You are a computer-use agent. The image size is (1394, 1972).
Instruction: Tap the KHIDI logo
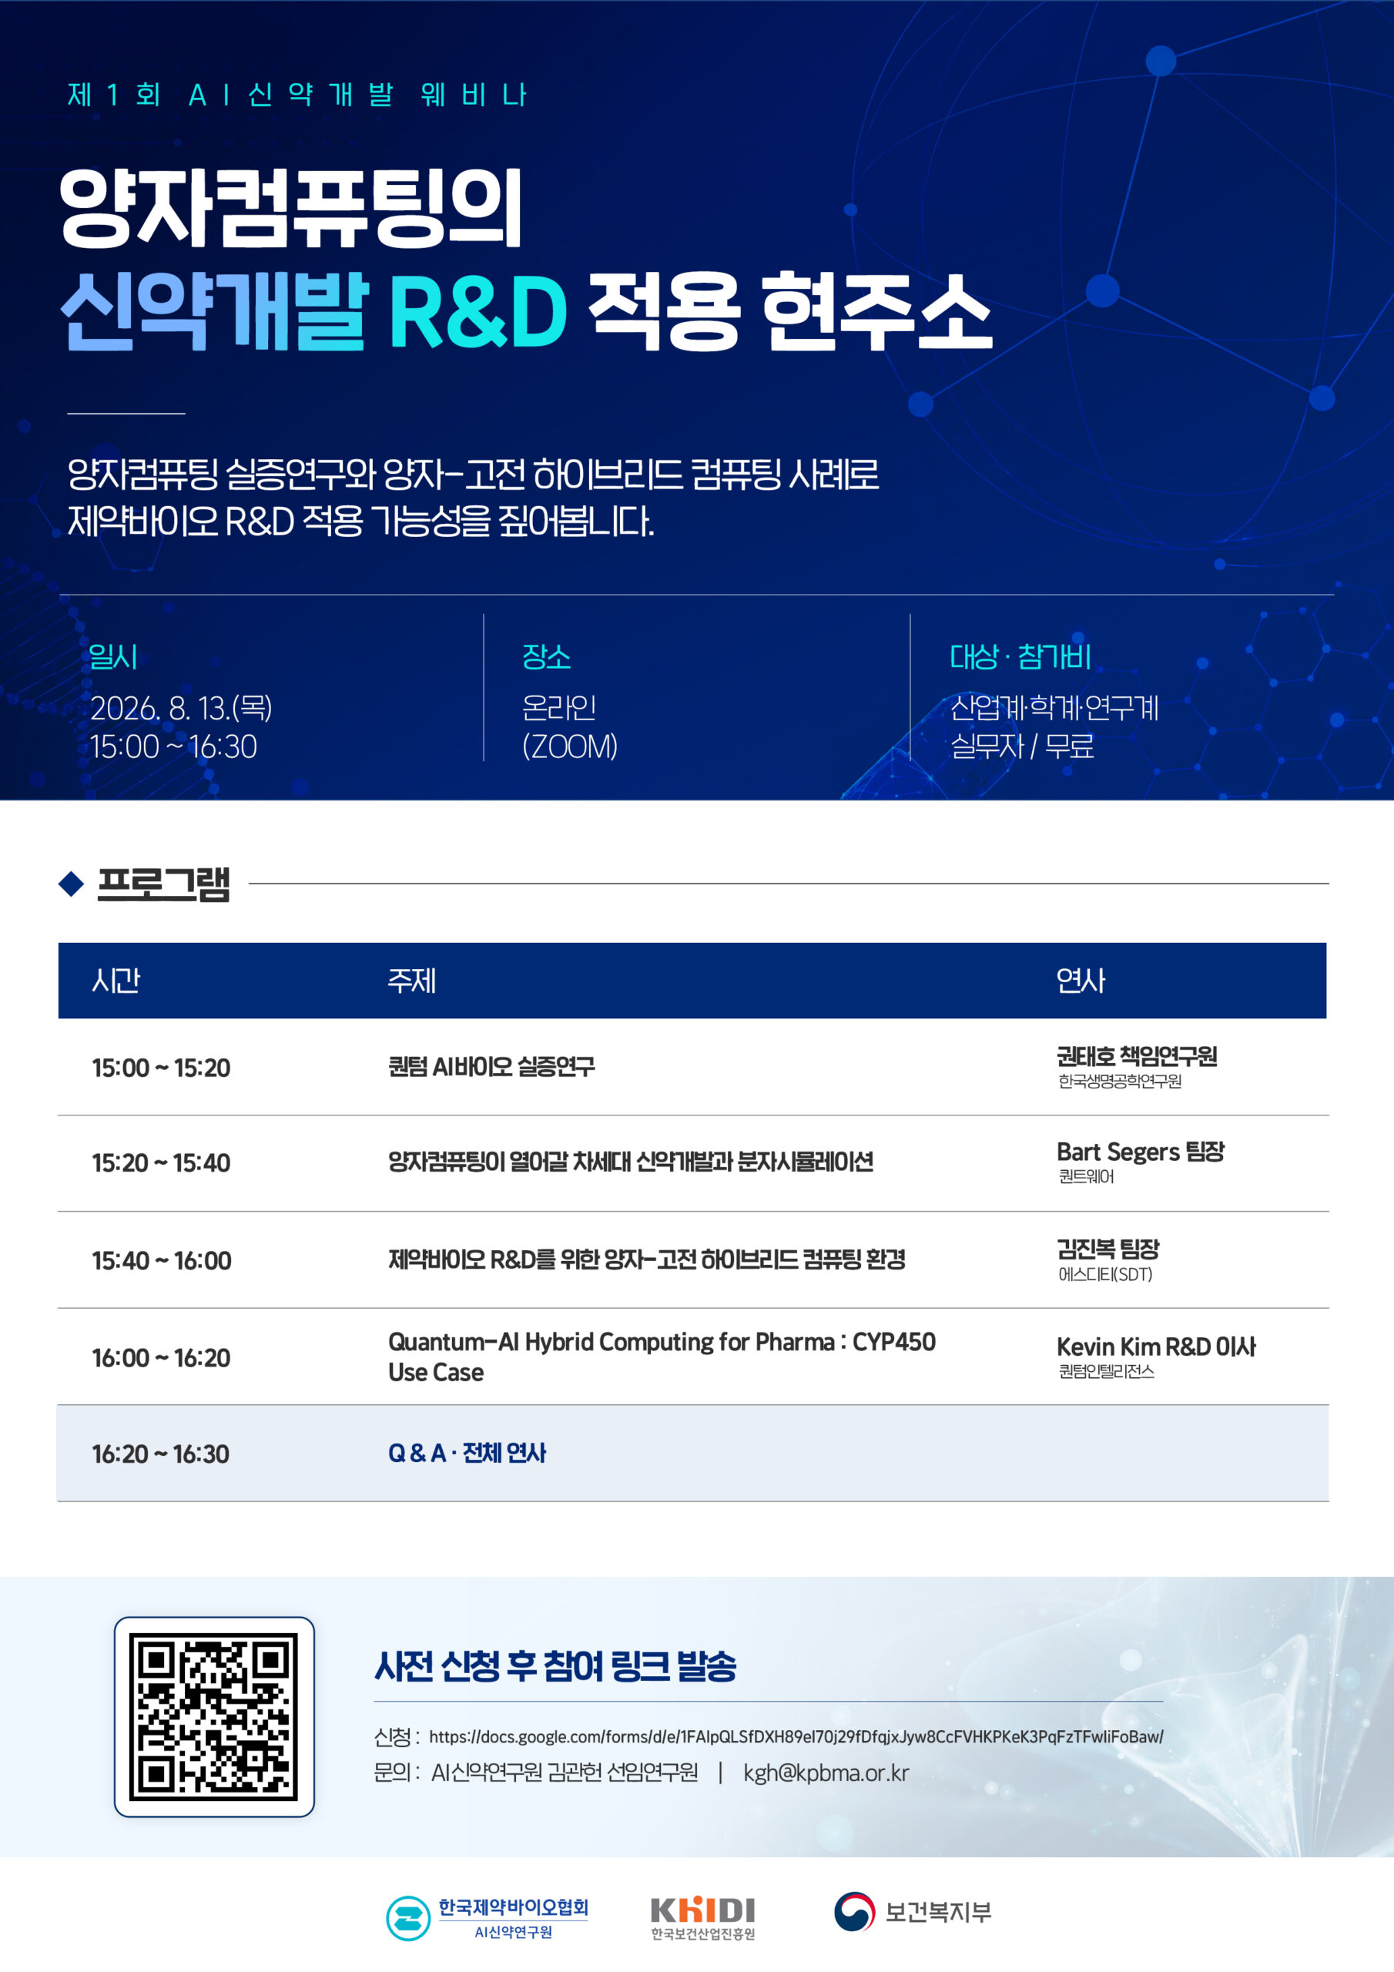coord(702,1918)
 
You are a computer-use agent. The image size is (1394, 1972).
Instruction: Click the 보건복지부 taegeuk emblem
coord(855,1911)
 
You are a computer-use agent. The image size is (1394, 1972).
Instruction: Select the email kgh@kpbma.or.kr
coord(826,1772)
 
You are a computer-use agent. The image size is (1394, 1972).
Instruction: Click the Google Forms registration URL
coord(796,1736)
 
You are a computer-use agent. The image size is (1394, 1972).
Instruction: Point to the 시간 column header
coord(116,980)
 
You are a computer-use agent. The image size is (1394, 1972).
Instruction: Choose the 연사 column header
coord(1081,980)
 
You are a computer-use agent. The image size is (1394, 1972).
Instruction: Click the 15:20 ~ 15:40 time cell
coord(162,1163)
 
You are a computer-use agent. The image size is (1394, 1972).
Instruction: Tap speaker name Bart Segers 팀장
coord(1141,1152)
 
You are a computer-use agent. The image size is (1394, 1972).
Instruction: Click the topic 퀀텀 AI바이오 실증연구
coord(491,1067)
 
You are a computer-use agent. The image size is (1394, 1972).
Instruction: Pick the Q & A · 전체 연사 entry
coord(467,1454)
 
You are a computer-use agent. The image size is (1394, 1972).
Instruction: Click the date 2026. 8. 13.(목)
coord(181,709)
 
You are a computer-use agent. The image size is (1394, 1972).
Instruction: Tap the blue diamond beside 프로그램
coord(72,883)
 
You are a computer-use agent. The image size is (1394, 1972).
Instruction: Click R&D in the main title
coord(478,312)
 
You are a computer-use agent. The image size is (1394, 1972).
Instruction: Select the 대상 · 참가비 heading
coord(1020,657)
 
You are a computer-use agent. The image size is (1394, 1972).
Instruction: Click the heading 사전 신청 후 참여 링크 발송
coord(556,1666)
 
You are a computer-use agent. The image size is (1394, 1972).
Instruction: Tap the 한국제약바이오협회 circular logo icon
coord(408,1918)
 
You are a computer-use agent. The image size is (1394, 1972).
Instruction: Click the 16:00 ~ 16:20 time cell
coord(162,1358)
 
